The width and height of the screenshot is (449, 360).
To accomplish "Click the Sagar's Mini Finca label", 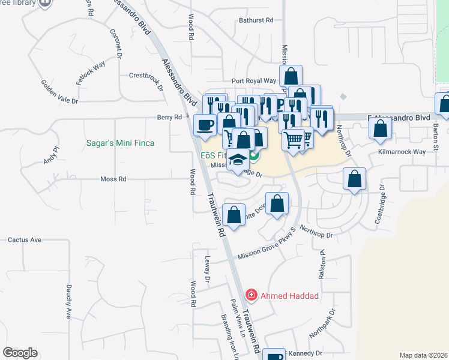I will tap(119, 143).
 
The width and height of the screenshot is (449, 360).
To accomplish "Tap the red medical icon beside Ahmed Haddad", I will tap(252, 295).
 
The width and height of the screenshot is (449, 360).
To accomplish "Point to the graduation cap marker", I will tap(238, 160).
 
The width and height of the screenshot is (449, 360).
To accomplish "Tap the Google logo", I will tap(20, 352).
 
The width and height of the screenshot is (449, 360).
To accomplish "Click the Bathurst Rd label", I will tap(255, 20).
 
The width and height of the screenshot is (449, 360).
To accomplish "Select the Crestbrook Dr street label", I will tap(146, 76).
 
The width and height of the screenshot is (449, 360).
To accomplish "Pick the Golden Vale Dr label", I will tap(59, 92).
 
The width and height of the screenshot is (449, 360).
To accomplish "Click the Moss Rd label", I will tap(113, 179).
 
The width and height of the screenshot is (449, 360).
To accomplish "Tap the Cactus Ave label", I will tap(24, 239).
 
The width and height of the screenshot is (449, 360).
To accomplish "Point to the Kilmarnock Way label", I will tap(402, 152).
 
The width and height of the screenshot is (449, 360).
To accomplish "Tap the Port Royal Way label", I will tap(254, 80).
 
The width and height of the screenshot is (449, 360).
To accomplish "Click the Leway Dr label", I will tap(207, 268).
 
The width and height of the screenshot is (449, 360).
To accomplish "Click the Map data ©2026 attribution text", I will tap(423, 355).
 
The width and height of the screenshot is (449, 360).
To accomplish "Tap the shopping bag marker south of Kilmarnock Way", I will tap(355, 179).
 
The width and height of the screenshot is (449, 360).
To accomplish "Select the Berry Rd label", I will tap(169, 118).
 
